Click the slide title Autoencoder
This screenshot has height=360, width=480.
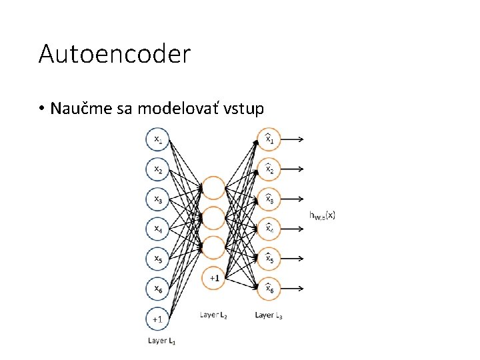115,54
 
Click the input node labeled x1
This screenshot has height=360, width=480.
158,139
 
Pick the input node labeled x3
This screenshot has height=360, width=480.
158,199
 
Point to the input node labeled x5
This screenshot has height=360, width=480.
158,258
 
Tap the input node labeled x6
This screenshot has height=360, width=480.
158,287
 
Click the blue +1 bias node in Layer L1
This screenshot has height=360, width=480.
158,319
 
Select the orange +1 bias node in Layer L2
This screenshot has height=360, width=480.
214,277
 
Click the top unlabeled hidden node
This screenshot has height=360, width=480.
214,188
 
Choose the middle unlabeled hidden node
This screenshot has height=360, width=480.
214,217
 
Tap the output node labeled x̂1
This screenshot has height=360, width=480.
269,139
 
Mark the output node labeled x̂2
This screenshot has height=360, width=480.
269,169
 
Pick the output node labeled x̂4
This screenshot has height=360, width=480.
269,228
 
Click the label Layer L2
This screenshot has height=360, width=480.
214,315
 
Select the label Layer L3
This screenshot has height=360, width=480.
269,315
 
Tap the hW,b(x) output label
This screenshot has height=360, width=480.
323,215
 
